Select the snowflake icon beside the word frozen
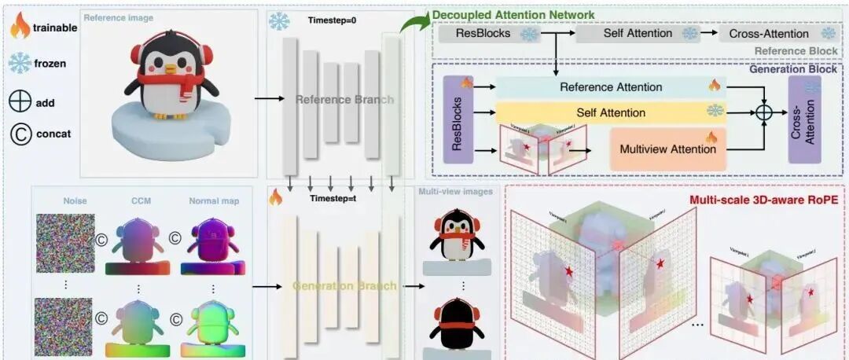[20, 63]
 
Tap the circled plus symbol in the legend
[20, 102]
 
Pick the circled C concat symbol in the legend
[20, 134]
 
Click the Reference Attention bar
[610, 86]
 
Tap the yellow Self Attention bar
[610, 112]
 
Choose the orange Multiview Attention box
[667, 148]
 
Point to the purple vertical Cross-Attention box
[804, 119]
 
